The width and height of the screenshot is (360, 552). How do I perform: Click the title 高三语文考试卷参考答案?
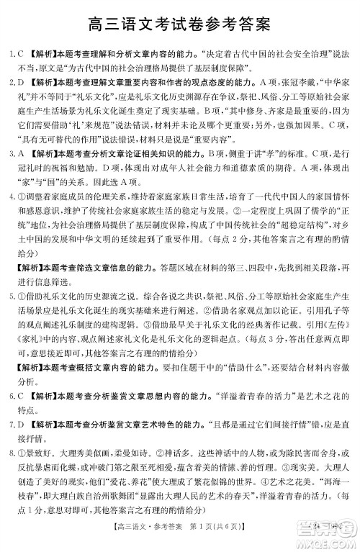(x=180, y=24)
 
